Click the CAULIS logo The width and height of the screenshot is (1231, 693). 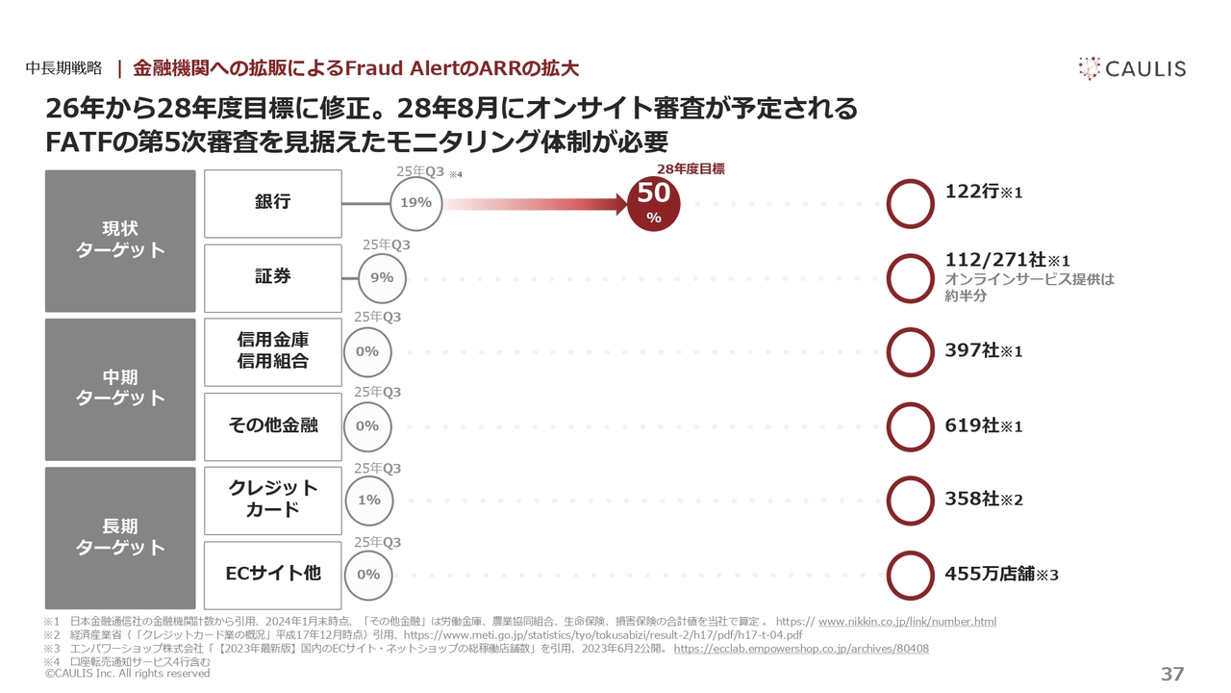click(1132, 68)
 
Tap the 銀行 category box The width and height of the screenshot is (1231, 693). click(273, 203)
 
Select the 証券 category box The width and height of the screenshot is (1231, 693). click(273, 277)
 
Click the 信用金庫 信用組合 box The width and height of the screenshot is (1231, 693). click(273, 351)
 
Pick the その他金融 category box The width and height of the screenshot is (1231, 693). click(273, 425)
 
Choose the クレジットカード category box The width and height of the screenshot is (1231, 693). click(273, 500)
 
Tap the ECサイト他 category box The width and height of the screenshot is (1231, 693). click(273, 574)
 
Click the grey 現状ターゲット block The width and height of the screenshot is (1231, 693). click(120, 241)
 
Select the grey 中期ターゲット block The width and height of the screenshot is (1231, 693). click(120, 389)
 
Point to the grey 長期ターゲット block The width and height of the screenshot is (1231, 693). click(120, 537)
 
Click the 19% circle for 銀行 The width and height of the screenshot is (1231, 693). click(415, 203)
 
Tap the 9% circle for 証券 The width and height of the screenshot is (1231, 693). click(382, 277)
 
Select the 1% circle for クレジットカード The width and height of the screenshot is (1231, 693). click(368, 500)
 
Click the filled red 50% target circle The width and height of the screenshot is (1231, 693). click(654, 203)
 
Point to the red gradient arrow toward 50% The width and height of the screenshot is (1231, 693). click(534, 204)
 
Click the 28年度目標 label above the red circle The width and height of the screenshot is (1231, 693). click(697, 168)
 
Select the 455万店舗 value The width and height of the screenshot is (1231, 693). click(1001, 574)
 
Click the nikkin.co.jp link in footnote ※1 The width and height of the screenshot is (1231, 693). click(907, 622)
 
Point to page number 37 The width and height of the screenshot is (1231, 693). click(1172, 674)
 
